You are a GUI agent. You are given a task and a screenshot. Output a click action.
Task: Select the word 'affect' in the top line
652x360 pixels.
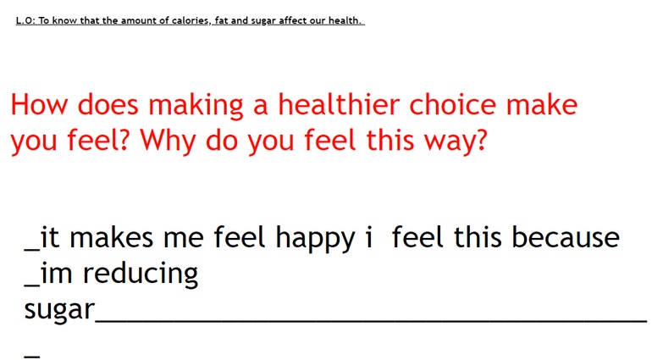[x=293, y=20]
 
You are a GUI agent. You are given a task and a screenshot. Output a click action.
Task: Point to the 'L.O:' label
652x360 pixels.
[x=25, y=20]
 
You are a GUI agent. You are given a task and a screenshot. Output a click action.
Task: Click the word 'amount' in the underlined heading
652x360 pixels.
[x=134, y=20]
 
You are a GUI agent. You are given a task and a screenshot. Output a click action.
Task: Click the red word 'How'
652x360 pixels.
[x=39, y=104]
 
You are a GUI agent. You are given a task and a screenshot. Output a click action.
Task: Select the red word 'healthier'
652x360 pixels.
[x=339, y=104]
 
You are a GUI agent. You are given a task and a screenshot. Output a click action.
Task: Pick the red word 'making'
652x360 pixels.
[x=196, y=106]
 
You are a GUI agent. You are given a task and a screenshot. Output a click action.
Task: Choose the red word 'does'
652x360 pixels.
[x=108, y=104]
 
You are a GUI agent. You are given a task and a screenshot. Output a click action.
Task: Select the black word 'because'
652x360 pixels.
[x=566, y=237]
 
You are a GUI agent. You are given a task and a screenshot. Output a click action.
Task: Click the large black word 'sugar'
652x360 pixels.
[x=59, y=311]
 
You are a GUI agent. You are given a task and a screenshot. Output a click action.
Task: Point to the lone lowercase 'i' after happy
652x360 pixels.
[x=368, y=237]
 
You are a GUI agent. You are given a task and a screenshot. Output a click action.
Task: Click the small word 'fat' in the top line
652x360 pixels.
[x=222, y=20]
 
